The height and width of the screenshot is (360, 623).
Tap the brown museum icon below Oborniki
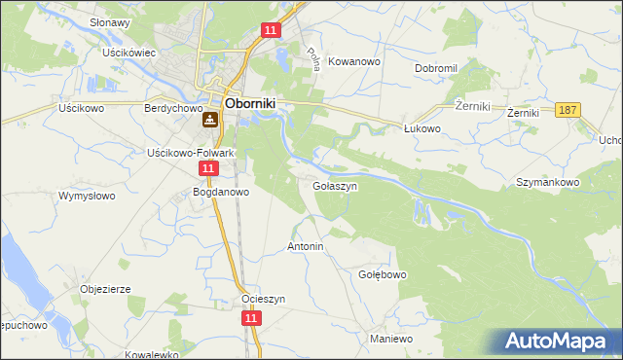pyautogui.click(x=210, y=122)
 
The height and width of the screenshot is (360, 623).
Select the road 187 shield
pyautogui.click(x=569, y=111)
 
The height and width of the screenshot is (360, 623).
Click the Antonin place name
pyautogui.click(x=305, y=247)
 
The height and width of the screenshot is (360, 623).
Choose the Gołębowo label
pyautogui.click(x=382, y=274)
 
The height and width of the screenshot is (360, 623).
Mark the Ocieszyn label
pyautogui.click(x=263, y=300)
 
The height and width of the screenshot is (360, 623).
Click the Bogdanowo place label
pyautogui.click(x=221, y=192)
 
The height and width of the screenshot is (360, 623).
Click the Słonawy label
pyautogui.click(x=110, y=22)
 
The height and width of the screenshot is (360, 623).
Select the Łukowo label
pyautogui.click(x=422, y=127)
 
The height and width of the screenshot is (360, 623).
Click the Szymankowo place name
pyautogui.click(x=548, y=182)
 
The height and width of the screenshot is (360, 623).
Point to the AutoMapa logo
pyautogui.click(x=559, y=341)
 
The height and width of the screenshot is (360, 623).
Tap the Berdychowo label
pyautogui.click(x=171, y=109)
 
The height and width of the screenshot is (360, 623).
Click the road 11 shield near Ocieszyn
pyautogui.click(x=251, y=318)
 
